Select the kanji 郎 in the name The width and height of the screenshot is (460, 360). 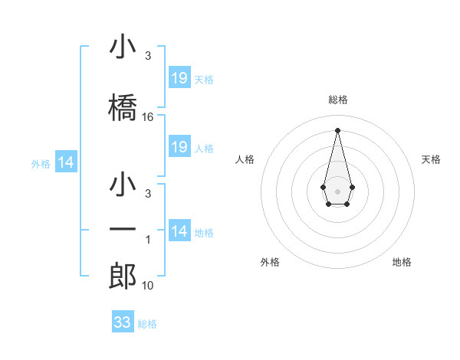point(123,275)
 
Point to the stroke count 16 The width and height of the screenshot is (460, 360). point(148,117)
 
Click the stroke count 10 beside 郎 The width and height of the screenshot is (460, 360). point(148,286)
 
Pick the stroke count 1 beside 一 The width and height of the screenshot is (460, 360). point(148,240)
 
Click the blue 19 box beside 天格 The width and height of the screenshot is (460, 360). point(179,78)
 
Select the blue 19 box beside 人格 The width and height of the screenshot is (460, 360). point(179,147)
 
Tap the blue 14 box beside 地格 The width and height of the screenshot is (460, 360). point(179,231)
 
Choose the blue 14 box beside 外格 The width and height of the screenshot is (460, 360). point(66,162)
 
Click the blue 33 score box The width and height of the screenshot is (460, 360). point(123,322)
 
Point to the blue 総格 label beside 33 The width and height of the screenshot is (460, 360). point(147,324)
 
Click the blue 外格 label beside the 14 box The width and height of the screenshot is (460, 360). point(41,163)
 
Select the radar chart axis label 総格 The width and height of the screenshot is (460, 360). point(338,100)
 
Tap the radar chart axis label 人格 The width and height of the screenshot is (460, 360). point(245,159)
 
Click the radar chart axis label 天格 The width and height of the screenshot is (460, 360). point(431,159)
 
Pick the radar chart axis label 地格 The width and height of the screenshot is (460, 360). point(402,262)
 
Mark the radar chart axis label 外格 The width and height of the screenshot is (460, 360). point(270,262)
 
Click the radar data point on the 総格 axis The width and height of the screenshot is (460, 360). point(337,129)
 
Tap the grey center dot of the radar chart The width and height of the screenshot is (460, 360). point(337,190)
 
